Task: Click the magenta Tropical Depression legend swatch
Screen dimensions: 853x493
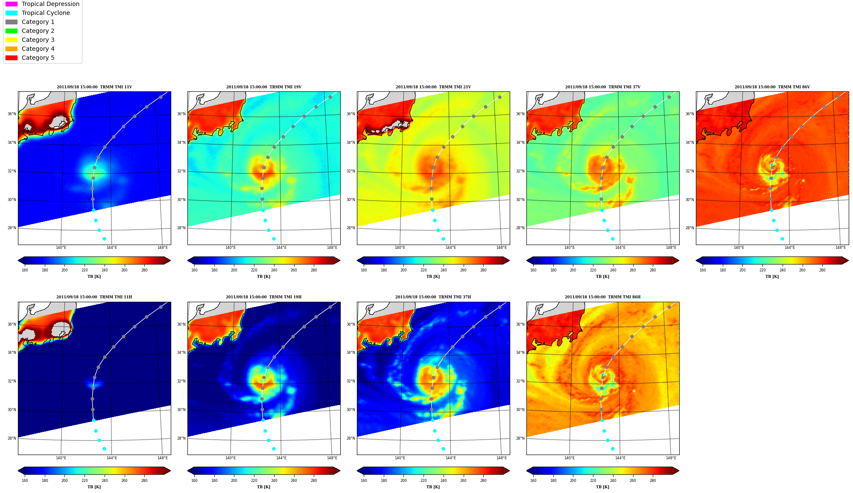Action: [x=12, y=4]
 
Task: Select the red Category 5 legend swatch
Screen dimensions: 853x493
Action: [x=12, y=58]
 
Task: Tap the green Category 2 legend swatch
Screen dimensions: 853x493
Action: [x=12, y=31]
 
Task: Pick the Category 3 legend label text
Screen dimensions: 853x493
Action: [x=38, y=40]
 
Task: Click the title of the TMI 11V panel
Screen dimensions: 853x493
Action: [x=94, y=87]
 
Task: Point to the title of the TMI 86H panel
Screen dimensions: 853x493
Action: [x=602, y=297]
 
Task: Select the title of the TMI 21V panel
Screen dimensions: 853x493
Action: [x=433, y=87]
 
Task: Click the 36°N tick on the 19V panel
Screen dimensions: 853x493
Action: [x=181, y=114]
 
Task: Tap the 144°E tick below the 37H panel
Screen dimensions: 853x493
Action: [x=451, y=458]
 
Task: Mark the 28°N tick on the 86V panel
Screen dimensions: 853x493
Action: [x=690, y=228]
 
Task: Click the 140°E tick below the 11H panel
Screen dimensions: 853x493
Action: [x=61, y=458]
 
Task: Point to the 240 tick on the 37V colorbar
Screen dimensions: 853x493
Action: [x=613, y=270]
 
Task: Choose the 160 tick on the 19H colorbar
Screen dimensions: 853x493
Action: [x=194, y=481]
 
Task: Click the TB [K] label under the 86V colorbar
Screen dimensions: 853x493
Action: [x=772, y=277]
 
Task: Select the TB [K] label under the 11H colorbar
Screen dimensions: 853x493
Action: [x=94, y=487]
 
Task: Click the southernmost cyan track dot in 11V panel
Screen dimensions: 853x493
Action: [x=104, y=239]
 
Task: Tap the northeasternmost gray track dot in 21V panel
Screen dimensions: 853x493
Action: [x=500, y=97]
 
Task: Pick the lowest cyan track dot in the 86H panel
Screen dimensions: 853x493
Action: [x=613, y=449]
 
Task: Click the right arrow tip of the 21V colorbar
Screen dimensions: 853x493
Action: [x=510, y=260]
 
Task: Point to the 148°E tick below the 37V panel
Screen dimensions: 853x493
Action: [x=671, y=248]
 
